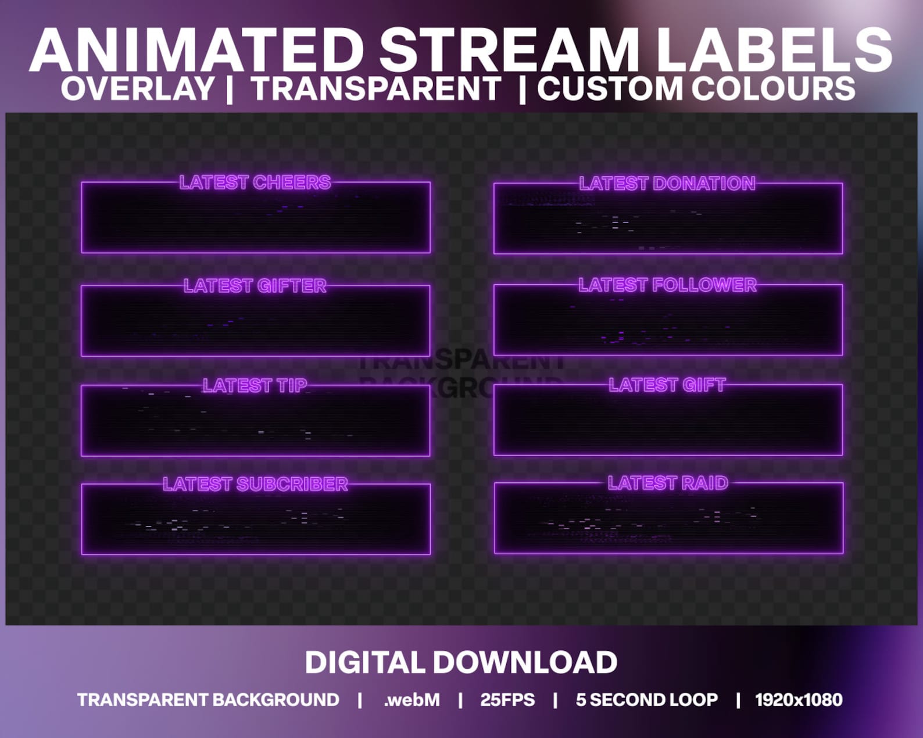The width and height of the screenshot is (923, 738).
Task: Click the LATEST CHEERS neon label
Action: (x=255, y=182)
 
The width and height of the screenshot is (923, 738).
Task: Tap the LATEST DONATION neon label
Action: (x=667, y=184)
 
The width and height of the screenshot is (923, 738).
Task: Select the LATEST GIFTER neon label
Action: (x=255, y=286)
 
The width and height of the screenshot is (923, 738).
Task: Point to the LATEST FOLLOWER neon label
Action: (x=667, y=285)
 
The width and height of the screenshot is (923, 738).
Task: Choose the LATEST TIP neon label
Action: (x=255, y=385)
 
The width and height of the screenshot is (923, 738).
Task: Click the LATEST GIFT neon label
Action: (x=667, y=385)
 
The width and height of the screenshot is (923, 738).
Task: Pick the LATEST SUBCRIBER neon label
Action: (x=255, y=484)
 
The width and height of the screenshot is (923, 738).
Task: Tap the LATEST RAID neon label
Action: (x=668, y=483)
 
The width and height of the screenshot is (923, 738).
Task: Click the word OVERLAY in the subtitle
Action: (x=138, y=89)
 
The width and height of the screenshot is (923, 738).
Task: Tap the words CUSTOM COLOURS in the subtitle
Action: (x=696, y=89)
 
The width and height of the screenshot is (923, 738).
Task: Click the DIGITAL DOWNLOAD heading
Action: (x=461, y=662)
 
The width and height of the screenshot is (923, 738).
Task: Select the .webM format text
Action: (x=412, y=700)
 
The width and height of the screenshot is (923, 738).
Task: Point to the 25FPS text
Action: (x=507, y=700)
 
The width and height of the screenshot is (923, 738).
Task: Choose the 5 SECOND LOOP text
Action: (x=646, y=700)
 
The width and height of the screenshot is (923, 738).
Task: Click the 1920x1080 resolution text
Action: (x=799, y=700)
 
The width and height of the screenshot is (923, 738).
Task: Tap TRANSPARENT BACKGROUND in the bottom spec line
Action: (x=208, y=700)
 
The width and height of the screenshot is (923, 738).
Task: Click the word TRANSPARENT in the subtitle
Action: (x=376, y=89)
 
